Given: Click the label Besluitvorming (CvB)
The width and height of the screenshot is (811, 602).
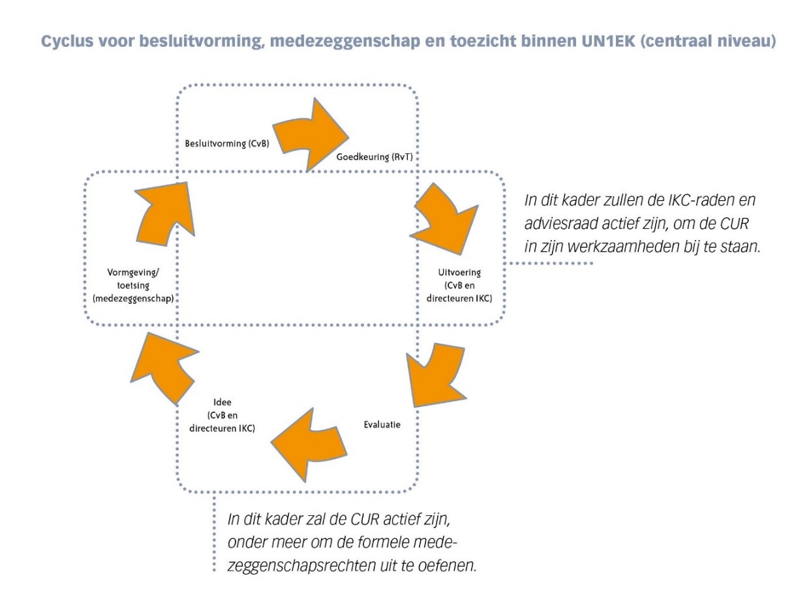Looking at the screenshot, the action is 226,143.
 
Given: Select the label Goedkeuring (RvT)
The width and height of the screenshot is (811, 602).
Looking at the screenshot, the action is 375,157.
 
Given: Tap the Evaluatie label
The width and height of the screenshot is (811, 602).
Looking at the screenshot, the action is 382,425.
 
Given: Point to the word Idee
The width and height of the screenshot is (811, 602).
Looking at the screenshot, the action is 222,402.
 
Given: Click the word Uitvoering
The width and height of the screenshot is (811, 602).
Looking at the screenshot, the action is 459,273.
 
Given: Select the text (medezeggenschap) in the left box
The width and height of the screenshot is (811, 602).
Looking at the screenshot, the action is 133,299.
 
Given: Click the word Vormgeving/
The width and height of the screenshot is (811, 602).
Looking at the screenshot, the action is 133,273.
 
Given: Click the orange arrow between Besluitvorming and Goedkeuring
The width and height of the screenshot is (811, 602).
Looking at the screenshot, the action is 310,134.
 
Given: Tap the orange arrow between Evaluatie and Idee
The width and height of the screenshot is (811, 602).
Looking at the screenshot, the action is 308,444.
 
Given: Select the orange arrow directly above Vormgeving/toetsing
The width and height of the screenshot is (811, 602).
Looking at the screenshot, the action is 165,215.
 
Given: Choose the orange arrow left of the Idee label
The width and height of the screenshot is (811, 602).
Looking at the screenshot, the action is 164,367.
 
